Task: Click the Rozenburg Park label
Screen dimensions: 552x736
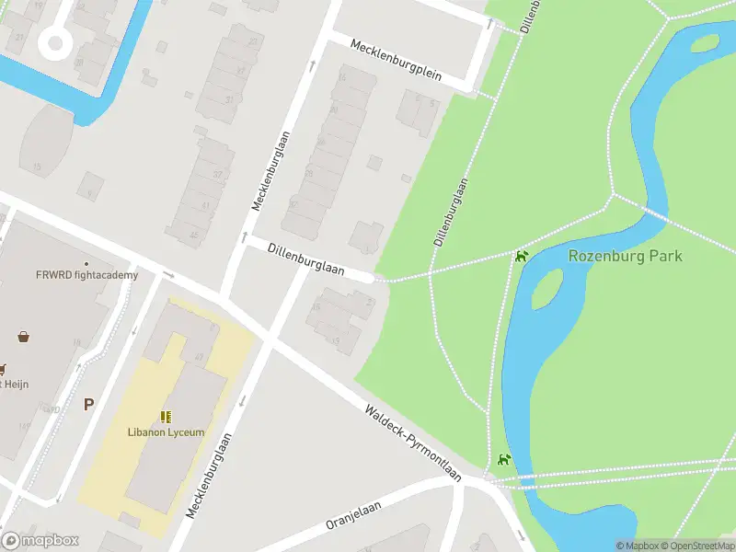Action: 626,256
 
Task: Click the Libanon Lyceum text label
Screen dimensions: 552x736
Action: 166,432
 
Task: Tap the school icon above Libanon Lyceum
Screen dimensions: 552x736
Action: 167,417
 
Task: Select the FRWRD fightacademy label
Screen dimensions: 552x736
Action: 86,275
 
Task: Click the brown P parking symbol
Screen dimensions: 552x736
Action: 88,404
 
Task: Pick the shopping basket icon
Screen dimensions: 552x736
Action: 23,337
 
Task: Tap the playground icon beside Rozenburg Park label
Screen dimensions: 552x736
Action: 522,256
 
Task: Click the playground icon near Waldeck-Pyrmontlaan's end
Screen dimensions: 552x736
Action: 503,459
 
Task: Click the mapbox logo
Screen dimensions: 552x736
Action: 40,540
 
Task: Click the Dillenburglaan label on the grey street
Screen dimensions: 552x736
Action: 305,259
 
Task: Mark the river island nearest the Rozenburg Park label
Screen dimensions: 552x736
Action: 546,291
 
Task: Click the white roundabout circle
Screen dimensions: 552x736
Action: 55,41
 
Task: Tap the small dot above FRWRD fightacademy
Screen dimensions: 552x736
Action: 86,264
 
